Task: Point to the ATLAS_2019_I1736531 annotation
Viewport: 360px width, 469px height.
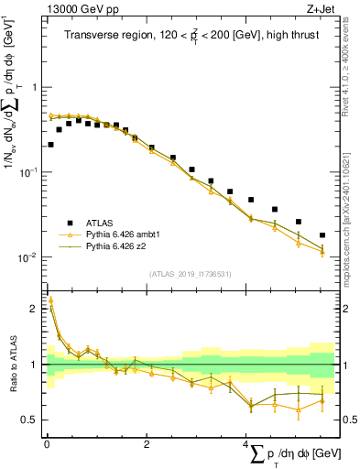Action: pos(189,274)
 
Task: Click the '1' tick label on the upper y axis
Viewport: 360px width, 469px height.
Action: pos(36,88)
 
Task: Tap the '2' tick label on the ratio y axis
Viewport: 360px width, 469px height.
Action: pos(35,310)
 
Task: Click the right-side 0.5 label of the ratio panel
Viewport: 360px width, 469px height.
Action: pos(350,420)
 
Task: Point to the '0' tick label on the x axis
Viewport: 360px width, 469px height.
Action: pos(47,444)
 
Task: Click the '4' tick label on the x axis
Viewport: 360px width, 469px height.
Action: pos(246,444)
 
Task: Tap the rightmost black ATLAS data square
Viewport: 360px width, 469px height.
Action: pos(322,235)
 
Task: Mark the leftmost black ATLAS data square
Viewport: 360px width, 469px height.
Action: pos(49,145)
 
